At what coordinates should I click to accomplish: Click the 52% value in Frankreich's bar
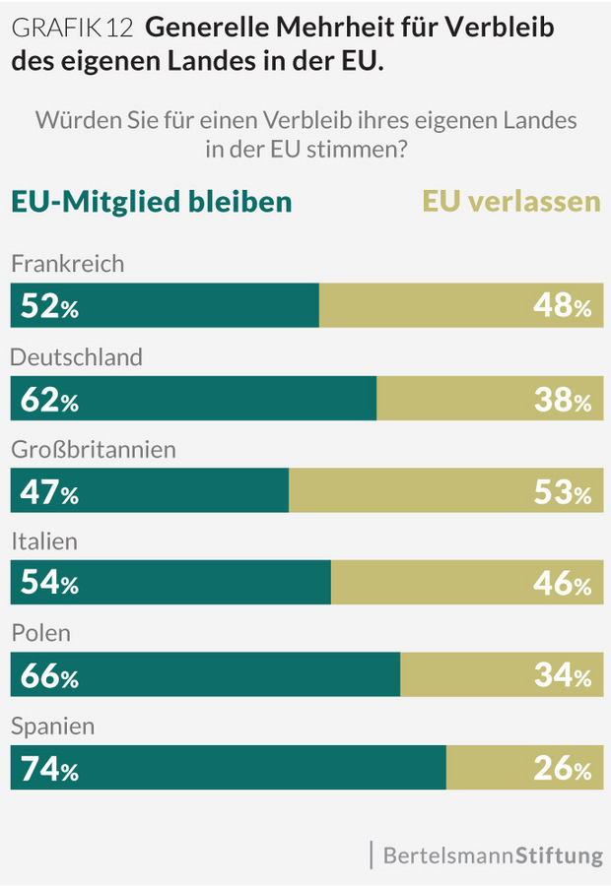(49, 307)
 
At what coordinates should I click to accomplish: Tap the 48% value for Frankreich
(562, 307)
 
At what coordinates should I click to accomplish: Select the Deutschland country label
(77, 356)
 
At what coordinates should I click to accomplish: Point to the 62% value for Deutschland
(49, 400)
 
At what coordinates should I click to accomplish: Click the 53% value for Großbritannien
(562, 492)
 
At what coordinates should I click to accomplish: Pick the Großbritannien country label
(94, 449)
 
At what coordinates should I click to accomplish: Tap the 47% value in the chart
(49, 492)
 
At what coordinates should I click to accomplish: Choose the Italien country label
(44, 541)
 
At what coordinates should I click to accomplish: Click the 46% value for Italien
(562, 585)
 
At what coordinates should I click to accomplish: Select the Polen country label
(40, 634)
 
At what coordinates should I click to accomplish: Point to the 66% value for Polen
(49, 677)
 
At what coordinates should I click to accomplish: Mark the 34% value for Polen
(562, 677)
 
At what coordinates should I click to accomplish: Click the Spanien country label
(53, 728)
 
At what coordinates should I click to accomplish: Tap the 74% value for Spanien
(49, 770)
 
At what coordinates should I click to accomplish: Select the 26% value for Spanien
(562, 770)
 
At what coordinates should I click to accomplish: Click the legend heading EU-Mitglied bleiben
(152, 201)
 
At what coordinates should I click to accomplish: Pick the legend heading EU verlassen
(511, 201)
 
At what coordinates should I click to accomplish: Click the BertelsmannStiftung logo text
(492, 854)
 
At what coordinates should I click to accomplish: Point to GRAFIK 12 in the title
(72, 29)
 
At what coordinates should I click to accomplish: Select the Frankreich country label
(68, 264)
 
